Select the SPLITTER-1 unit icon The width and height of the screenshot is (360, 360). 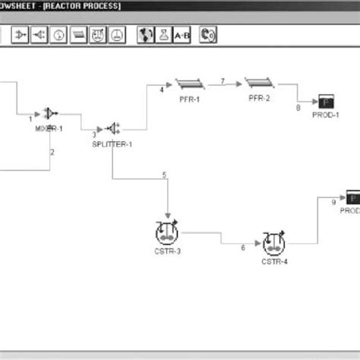[112, 128]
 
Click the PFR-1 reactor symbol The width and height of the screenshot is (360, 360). [187, 83]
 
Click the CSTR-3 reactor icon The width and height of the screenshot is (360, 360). [166, 230]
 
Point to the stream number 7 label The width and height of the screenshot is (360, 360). [222, 80]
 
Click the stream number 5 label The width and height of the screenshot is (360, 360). [164, 176]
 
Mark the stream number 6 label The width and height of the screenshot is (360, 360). [243, 248]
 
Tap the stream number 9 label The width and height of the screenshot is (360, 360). [333, 202]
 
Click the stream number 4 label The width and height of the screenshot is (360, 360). [161, 90]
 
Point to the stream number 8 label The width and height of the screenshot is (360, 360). [298, 108]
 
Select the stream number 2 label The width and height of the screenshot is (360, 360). [52, 153]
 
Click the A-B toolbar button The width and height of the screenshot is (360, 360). [182, 34]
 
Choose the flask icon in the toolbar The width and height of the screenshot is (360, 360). [163, 34]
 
